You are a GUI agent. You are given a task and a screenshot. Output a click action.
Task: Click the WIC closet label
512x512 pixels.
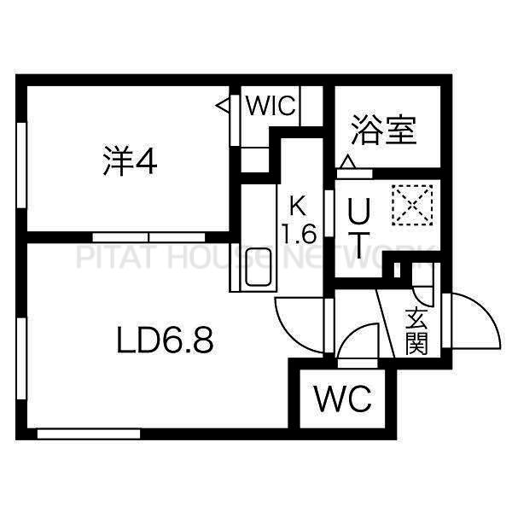pos(271,106)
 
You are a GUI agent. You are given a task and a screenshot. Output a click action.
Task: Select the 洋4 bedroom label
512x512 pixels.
pos(130,160)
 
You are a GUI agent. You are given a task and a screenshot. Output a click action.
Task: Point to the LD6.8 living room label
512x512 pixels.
pos(165,340)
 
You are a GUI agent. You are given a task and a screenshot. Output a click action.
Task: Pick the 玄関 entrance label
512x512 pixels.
pos(416,332)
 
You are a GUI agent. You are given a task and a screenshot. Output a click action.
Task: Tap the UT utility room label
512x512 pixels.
pos(359,228)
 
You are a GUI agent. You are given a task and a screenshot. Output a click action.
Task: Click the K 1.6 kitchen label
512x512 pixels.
pos(299,221)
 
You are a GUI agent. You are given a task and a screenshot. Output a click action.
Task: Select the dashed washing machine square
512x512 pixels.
pos(413,205)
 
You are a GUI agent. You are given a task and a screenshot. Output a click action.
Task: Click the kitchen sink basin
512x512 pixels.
pos(259,267)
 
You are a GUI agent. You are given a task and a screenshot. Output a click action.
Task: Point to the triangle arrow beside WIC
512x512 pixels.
pos(223,106)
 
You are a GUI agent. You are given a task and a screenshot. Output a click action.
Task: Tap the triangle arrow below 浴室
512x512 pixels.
pos(348,162)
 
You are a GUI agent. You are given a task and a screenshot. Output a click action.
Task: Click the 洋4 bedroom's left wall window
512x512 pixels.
pos(21,166)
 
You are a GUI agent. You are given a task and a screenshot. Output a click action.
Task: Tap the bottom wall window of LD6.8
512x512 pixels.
pos(89,434)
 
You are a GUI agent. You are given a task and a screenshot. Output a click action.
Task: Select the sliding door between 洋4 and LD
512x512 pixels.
pos(148,237)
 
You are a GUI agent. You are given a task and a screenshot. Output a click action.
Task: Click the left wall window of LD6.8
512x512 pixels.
pos(21,358)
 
